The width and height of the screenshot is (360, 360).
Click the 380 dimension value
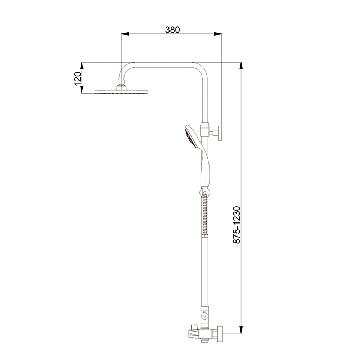172,30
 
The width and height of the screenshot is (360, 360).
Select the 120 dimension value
78,79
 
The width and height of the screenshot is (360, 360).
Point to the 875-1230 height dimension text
237,225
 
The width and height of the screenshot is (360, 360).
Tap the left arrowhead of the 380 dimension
125,34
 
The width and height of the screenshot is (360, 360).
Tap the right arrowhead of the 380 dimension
218,34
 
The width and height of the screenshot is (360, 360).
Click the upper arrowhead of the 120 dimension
82,66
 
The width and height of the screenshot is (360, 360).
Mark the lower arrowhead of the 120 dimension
82,89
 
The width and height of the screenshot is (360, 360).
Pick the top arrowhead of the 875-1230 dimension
241,66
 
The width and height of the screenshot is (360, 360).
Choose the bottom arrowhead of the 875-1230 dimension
241,329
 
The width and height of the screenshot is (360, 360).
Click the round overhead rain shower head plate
121,91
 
